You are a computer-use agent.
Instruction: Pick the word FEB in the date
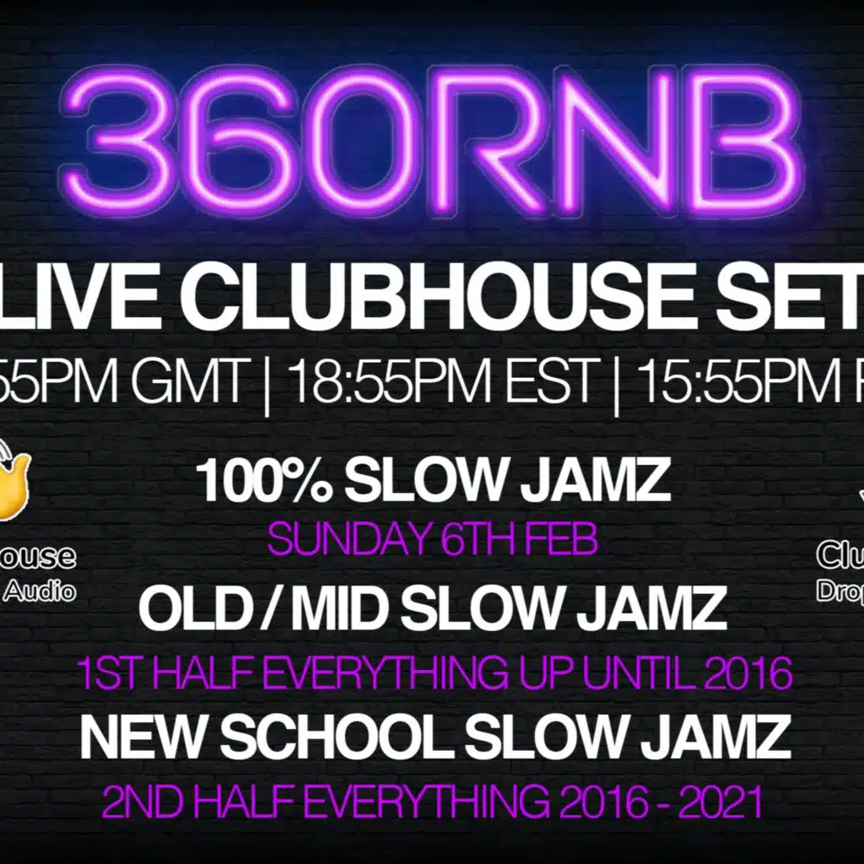pyautogui.click(x=564, y=541)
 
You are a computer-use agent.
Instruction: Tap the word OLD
pyautogui.click(x=191, y=608)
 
